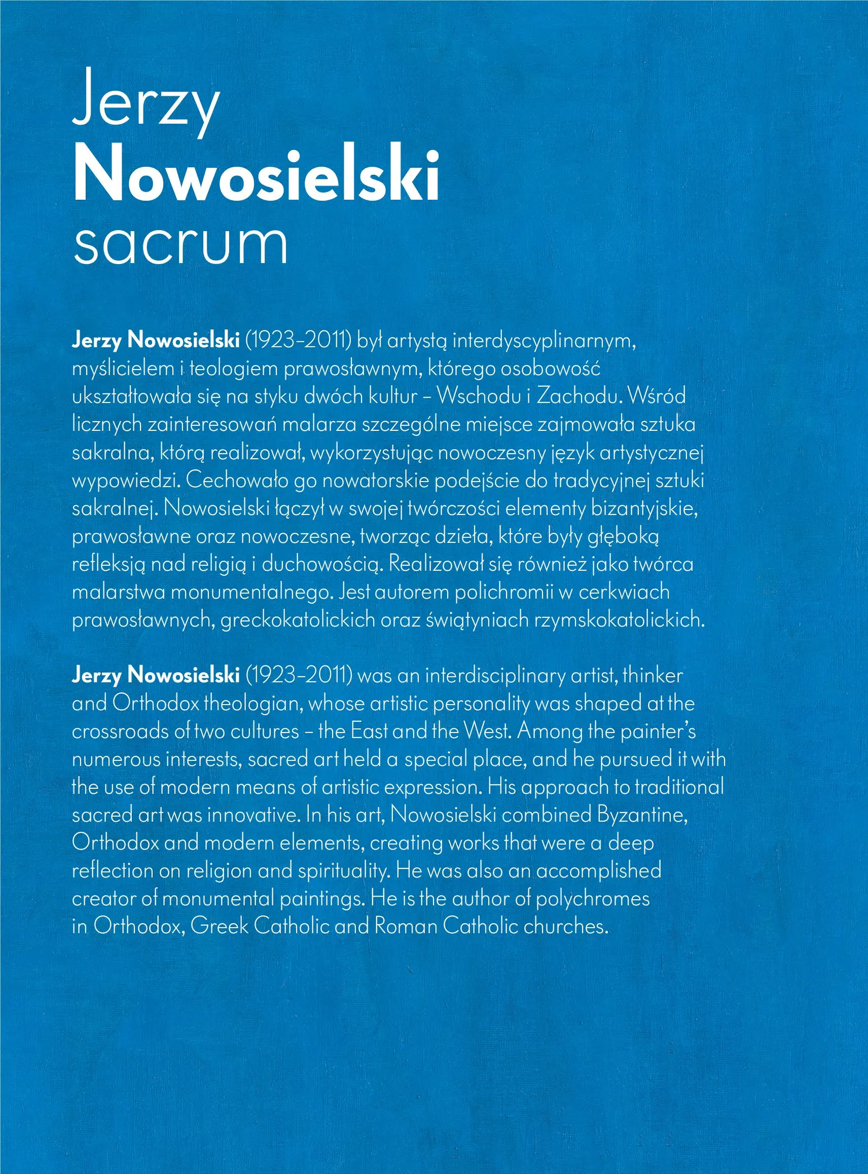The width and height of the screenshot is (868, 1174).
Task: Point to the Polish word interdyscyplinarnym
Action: (545, 341)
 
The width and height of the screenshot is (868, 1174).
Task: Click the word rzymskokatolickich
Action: (619, 620)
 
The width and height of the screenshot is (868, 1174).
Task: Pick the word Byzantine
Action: (642, 815)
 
